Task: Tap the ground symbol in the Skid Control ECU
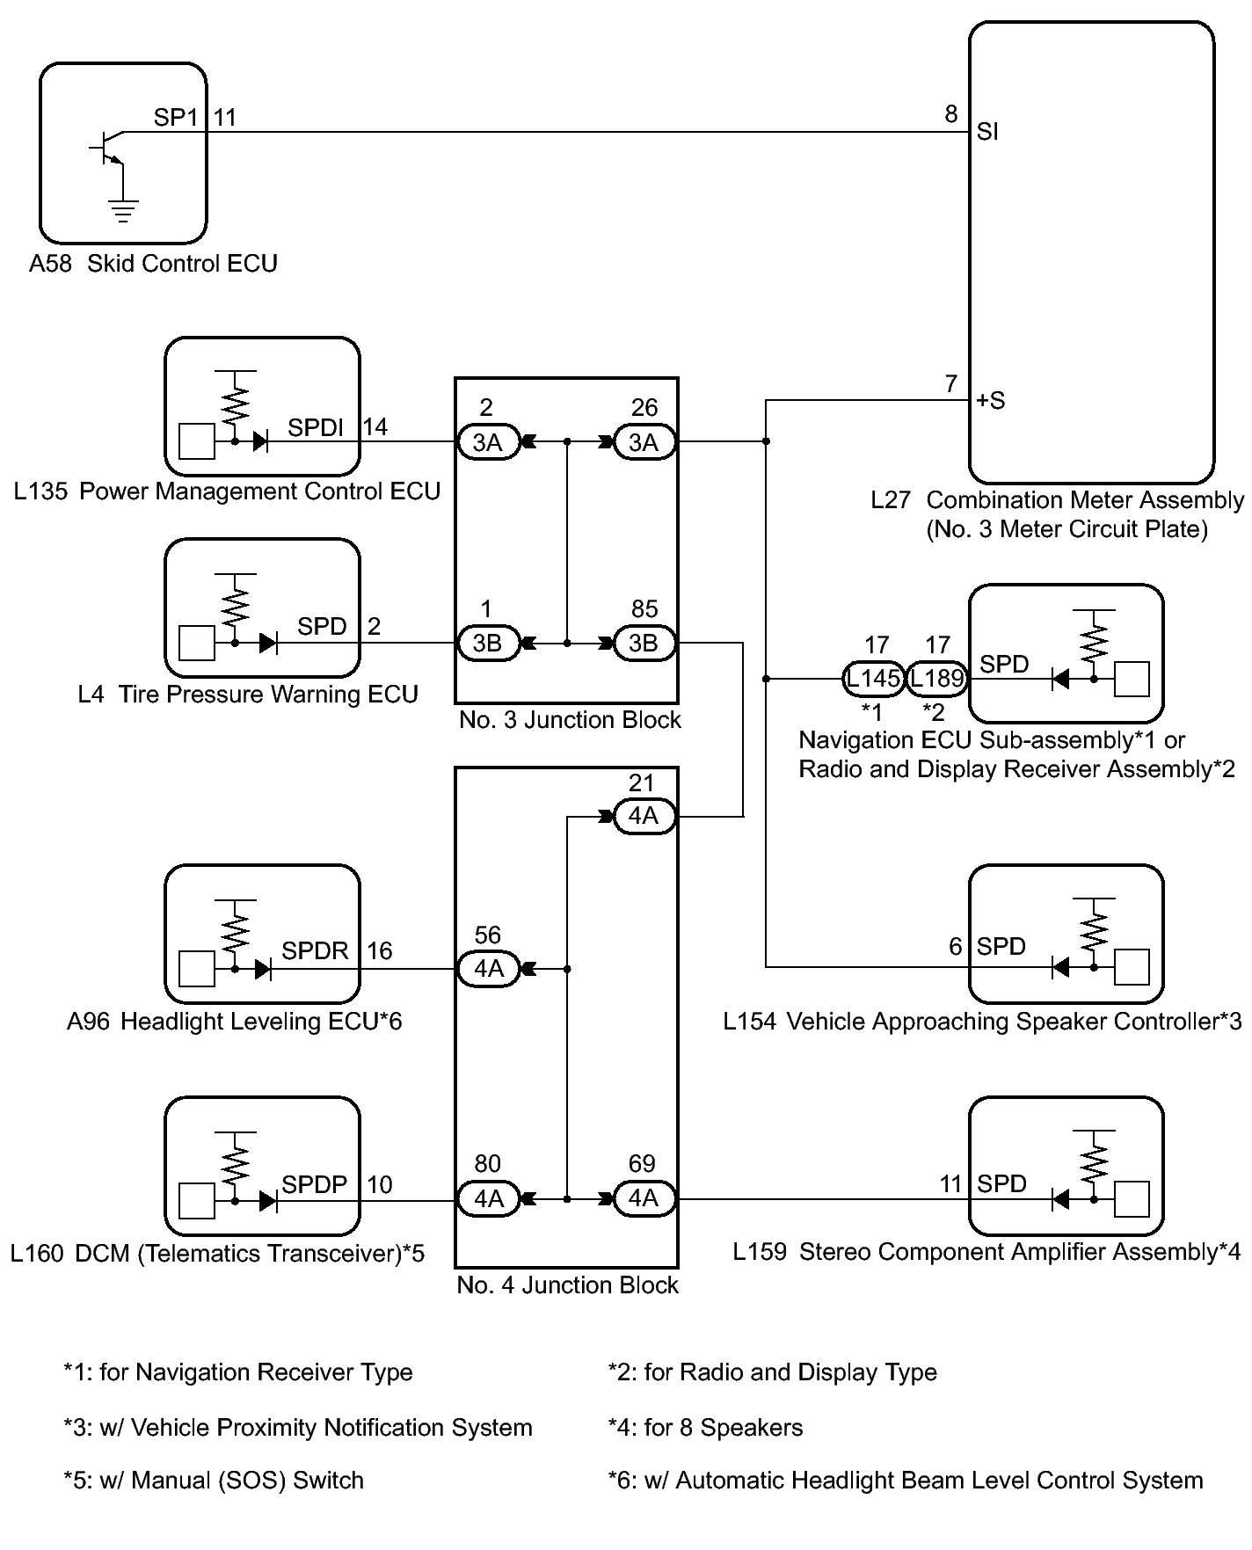pyautogui.click(x=123, y=211)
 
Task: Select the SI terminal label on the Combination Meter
pyautogui.click(x=987, y=132)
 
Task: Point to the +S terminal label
pyautogui.click(x=991, y=401)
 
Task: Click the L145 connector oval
pyautogui.click(x=874, y=679)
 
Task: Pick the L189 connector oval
pyautogui.click(x=937, y=679)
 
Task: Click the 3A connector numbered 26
pyautogui.click(x=644, y=442)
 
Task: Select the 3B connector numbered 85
pyautogui.click(x=644, y=643)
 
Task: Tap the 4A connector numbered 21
pyautogui.click(x=644, y=816)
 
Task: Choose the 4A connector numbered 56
pyautogui.click(x=489, y=969)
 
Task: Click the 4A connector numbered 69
pyautogui.click(x=644, y=1198)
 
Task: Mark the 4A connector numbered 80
pyautogui.click(x=489, y=1198)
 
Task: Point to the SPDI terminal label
pyautogui.click(x=316, y=428)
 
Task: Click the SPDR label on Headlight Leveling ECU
pyautogui.click(x=315, y=950)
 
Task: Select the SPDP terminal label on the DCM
pyautogui.click(x=315, y=1184)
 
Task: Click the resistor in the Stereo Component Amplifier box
pyautogui.click(x=1095, y=1166)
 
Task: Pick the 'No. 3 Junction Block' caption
pyautogui.click(x=570, y=720)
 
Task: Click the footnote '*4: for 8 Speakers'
pyautogui.click(x=705, y=1427)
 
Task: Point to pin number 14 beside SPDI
pyautogui.click(x=375, y=427)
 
